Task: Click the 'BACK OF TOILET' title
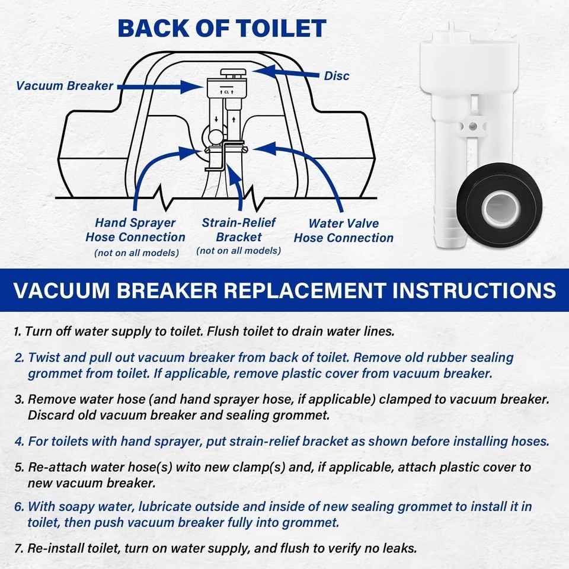222,28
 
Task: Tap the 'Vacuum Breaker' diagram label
65,85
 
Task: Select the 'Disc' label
336,76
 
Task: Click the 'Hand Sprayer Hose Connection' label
135,230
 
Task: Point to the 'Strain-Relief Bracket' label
239,230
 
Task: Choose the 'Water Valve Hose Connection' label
343,231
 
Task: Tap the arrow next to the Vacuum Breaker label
160,87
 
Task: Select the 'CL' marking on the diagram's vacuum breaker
226,92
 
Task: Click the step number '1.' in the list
18,331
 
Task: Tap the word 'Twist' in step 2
43,358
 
